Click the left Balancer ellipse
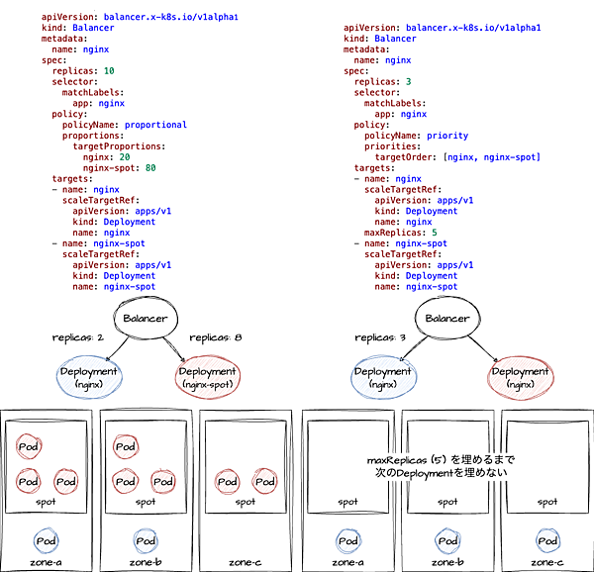[x=146, y=319]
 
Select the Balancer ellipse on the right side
[x=447, y=319]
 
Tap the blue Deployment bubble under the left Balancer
[x=90, y=377]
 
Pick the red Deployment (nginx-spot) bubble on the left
[x=207, y=377]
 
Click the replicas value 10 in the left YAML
[x=109, y=71]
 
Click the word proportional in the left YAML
[x=156, y=125]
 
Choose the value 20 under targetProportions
[x=125, y=156]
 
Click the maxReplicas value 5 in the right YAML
[x=433, y=232]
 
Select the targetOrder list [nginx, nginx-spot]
[x=492, y=156]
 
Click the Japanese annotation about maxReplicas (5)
[x=441, y=467]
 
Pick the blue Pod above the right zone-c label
[x=547, y=541]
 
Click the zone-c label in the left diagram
[x=244, y=562]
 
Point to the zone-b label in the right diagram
[x=447, y=562]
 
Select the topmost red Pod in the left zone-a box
[x=29, y=447]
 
